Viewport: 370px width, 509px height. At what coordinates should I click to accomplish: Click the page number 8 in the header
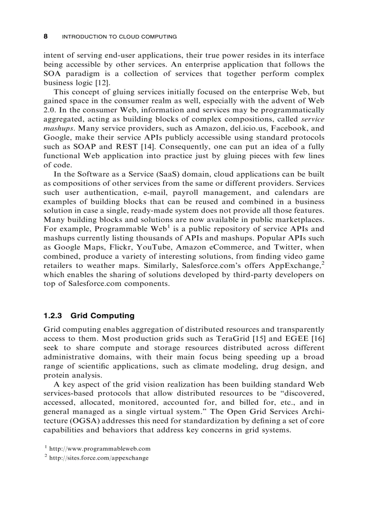coord(45,36)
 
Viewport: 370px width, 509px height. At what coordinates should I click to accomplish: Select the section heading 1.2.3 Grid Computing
coord(89,315)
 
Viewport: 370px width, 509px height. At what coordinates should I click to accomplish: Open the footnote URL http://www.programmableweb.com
coord(99,449)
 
